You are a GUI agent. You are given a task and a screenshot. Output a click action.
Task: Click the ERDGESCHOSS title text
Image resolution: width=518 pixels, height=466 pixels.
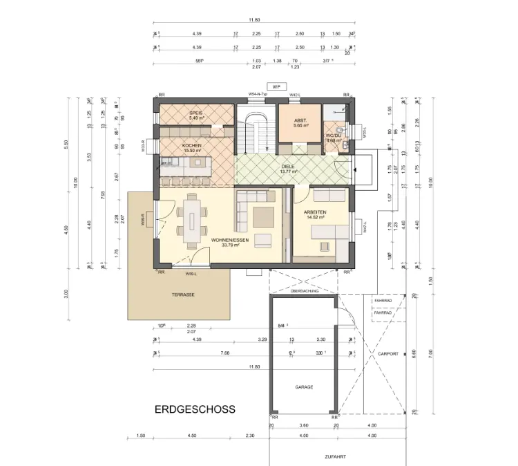coord(194,409)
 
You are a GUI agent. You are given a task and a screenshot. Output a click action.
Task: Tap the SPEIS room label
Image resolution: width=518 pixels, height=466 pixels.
coord(196,113)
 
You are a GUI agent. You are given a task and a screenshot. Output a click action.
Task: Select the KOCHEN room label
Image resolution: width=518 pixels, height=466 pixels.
coord(192,146)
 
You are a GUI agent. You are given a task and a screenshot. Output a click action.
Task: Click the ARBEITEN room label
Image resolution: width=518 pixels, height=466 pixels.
coord(314,212)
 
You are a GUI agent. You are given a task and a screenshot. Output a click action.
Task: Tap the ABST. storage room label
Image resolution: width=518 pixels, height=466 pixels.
coord(300,120)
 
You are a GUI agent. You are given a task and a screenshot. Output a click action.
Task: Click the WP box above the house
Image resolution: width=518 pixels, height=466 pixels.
coord(276,86)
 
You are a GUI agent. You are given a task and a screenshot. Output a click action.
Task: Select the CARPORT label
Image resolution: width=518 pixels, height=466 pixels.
coord(388,353)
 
